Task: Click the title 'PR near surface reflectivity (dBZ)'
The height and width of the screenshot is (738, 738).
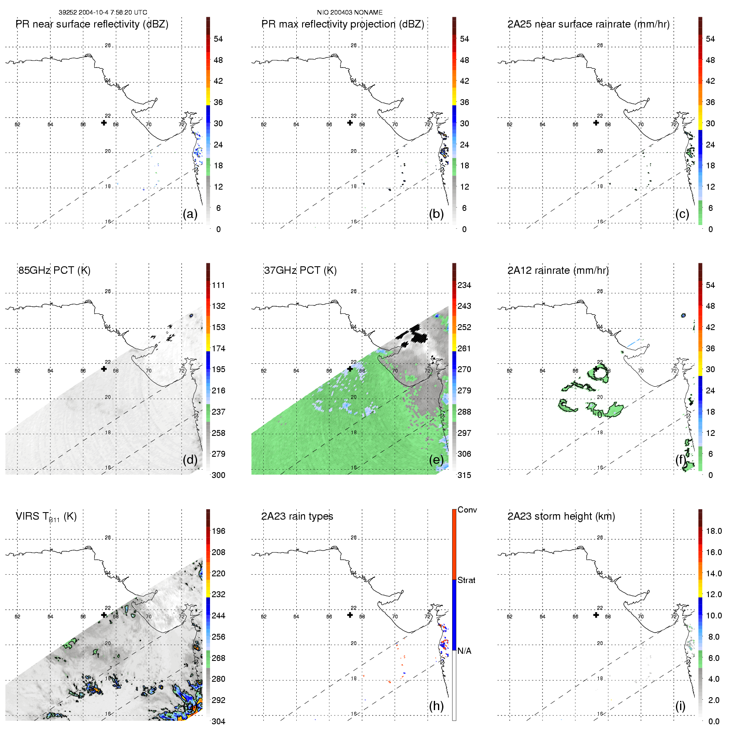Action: tap(92, 24)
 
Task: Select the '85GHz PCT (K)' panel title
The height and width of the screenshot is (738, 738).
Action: tap(54, 270)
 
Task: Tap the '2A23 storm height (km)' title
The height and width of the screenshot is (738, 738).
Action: tap(561, 516)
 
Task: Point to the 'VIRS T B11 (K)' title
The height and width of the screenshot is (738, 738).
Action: tap(46, 517)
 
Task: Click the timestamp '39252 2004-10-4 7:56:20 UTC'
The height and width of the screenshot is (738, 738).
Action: tap(103, 13)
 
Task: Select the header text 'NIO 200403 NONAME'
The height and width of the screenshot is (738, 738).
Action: tap(350, 13)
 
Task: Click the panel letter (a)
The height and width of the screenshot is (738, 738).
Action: tap(190, 214)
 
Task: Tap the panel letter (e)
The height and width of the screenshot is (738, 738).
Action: tap(436, 460)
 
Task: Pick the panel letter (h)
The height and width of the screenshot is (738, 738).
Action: tap(436, 706)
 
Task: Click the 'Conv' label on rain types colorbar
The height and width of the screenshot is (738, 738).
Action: tap(467, 510)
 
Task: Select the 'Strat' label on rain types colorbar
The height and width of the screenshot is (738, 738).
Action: tap(466, 580)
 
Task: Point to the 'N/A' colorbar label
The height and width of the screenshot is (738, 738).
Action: tap(464, 651)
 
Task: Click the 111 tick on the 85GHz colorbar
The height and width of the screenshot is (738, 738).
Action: tap(218, 285)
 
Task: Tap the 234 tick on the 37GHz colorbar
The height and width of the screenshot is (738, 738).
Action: tap(464, 285)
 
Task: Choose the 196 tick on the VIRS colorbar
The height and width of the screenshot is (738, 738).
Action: tap(218, 531)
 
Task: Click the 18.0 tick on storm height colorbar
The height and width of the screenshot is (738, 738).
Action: tap(713, 531)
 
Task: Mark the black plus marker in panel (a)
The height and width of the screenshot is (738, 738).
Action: tap(104, 123)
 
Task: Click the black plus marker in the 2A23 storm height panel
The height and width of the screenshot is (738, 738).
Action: tap(596, 615)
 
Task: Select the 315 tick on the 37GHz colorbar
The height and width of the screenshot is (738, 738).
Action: tap(464, 475)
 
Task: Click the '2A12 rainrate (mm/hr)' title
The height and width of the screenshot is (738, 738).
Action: tap(558, 270)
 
